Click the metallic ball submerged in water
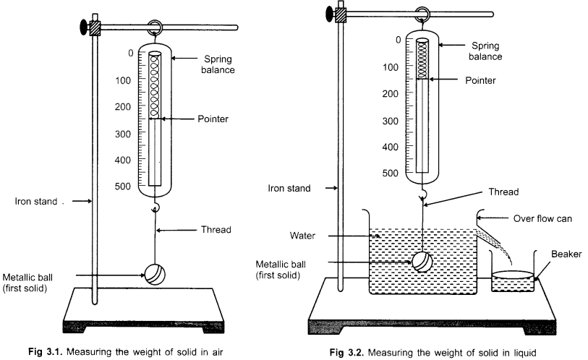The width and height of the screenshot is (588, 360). (x=422, y=260)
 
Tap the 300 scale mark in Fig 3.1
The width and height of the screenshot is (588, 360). (x=124, y=133)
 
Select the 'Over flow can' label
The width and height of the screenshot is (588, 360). (x=542, y=217)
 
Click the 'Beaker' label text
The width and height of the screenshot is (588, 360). (x=565, y=254)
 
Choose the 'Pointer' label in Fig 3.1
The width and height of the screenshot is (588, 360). (x=213, y=119)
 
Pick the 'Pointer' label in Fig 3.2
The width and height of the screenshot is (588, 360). (x=481, y=81)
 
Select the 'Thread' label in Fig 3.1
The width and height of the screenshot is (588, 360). (x=215, y=230)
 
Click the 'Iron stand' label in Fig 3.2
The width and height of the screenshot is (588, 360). (x=290, y=188)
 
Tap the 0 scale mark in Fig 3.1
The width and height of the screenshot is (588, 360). (x=130, y=53)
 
